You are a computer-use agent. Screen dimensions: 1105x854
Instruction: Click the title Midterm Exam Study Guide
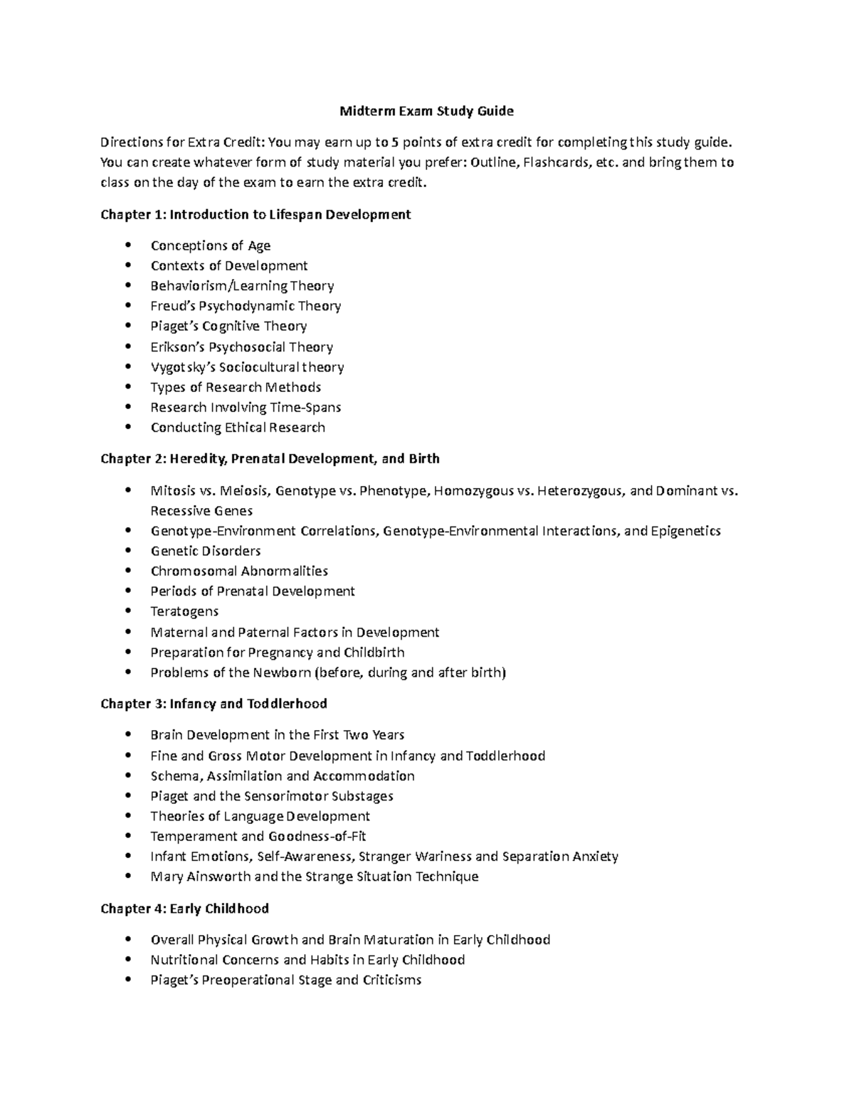pos(426,111)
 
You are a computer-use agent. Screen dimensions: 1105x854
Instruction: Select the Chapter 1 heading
pos(255,214)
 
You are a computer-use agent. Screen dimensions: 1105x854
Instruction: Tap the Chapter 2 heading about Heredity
pos(270,458)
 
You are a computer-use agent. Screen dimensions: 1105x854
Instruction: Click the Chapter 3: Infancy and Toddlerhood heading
pos(213,704)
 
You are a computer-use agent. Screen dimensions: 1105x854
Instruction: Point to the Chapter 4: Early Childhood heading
pos(184,909)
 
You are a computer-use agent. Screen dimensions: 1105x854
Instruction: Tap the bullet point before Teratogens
pos(127,611)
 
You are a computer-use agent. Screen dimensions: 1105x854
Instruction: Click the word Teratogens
pos(184,611)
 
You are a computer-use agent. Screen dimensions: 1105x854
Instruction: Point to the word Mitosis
pos(172,490)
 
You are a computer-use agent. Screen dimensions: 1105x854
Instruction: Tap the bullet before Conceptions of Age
pos(127,245)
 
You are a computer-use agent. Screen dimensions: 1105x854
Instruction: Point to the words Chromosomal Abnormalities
pos(239,571)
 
